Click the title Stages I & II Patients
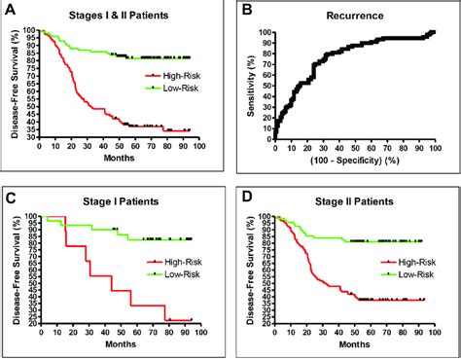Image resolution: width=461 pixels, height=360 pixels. (124, 17)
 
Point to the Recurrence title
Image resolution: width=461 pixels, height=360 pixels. (354, 17)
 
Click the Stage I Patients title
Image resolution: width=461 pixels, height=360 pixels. (124, 203)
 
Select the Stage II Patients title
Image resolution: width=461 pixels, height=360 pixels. (354, 203)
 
